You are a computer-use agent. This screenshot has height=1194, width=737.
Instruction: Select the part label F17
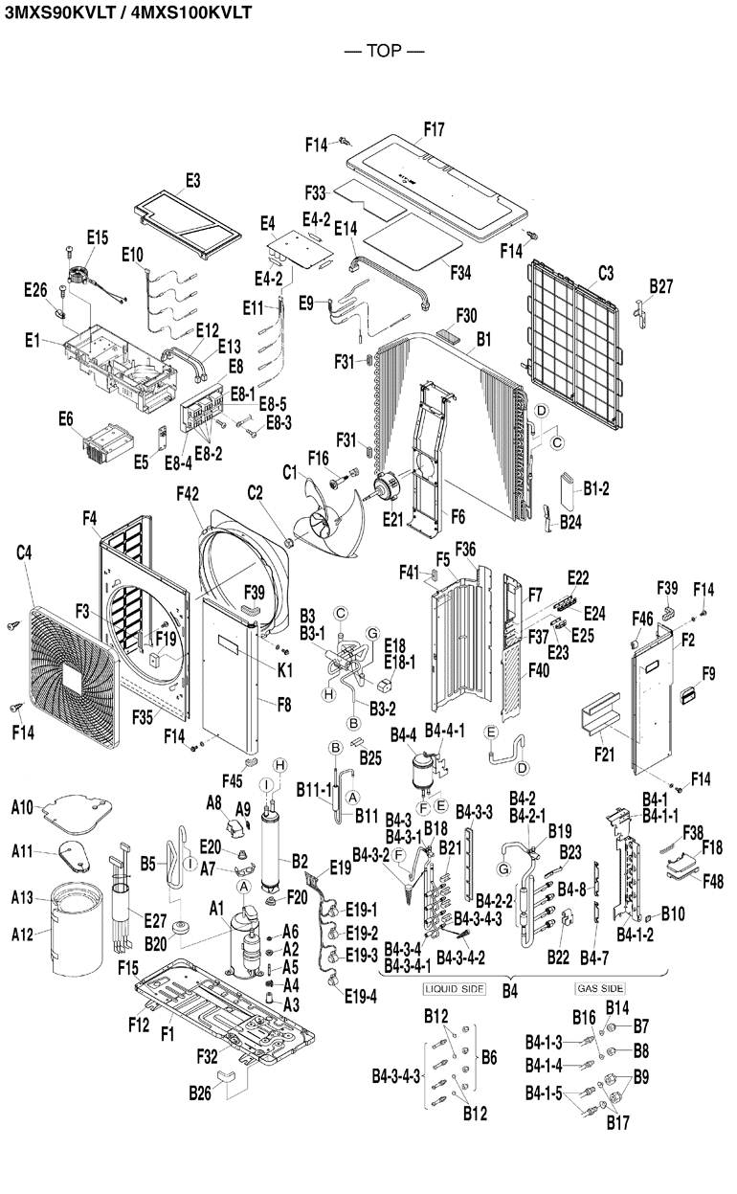(x=434, y=126)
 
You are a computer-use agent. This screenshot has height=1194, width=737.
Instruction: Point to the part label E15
(x=98, y=237)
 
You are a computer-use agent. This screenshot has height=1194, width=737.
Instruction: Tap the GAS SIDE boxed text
(x=599, y=987)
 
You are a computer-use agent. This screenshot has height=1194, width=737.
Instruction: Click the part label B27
(x=661, y=285)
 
